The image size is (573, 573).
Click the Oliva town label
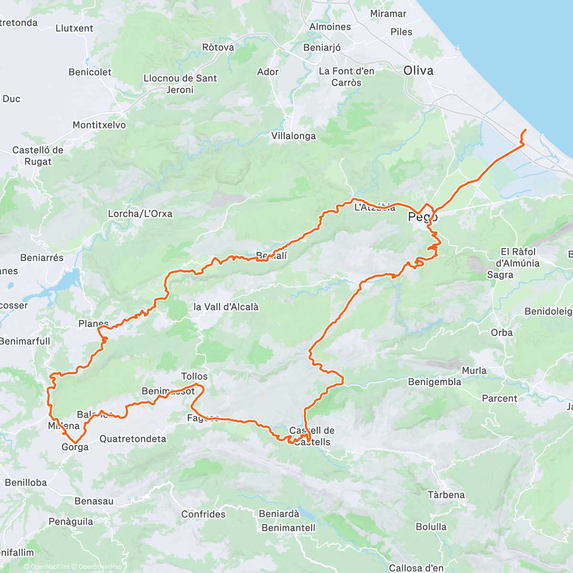pos(418,71)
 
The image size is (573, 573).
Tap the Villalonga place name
pos(294,136)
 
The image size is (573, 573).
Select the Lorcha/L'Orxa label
pos(140,213)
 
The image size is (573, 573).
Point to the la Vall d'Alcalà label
pos(226,307)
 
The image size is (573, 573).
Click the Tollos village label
pos(194,376)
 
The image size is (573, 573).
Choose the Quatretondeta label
pos(133,439)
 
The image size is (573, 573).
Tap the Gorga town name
pos(75,447)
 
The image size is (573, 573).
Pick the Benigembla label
pos(435,382)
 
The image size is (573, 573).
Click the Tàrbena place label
pos(446,495)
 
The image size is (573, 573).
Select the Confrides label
pos(203,514)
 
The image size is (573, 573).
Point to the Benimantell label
pos(288,528)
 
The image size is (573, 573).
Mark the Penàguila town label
pos(71,521)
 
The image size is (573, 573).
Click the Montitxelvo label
pos(99,125)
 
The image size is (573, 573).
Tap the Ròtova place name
pos(218,47)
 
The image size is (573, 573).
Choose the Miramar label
pos(388,14)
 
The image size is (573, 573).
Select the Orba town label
pos(501,333)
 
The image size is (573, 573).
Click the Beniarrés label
pos(42,258)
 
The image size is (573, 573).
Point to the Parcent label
pos(499,398)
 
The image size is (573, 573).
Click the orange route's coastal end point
pos(525,130)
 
